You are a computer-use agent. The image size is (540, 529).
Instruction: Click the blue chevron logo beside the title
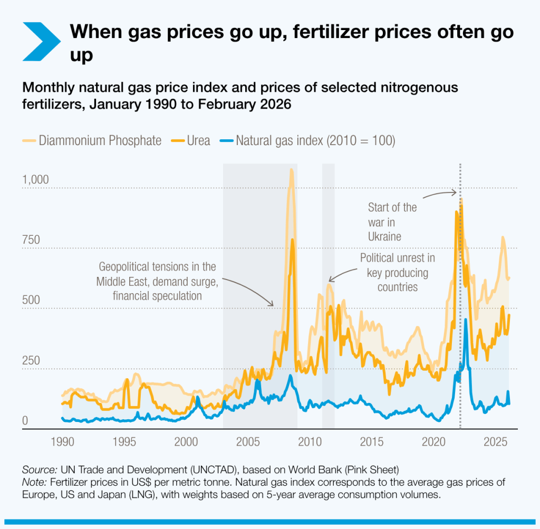[42, 41]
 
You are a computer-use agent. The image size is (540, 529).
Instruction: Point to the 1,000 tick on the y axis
[35, 179]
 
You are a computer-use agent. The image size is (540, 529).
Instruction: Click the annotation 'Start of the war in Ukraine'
[392, 222]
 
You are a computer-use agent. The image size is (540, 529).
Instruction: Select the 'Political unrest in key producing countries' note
[398, 272]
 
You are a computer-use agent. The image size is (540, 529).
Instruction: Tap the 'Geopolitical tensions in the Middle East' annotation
[157, 281]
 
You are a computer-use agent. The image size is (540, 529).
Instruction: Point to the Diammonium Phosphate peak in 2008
[291, 170]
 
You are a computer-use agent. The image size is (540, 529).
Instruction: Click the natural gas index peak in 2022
[465, 320]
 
